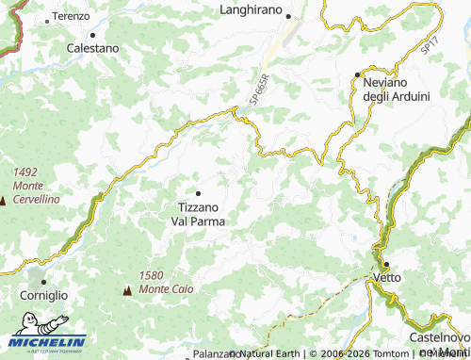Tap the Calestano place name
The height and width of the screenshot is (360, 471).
click(92, 47)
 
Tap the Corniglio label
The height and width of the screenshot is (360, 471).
click(43, 295)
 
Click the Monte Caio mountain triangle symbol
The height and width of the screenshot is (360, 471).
click(126, 292)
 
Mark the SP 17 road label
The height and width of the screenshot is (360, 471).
click(430, 44)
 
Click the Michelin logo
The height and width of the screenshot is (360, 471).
click(46, 342)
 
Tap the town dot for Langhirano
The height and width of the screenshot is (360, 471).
click(288, 17)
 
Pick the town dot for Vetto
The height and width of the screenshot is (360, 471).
click(386, 265)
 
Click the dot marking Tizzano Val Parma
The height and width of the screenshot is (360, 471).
click(198, 193)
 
